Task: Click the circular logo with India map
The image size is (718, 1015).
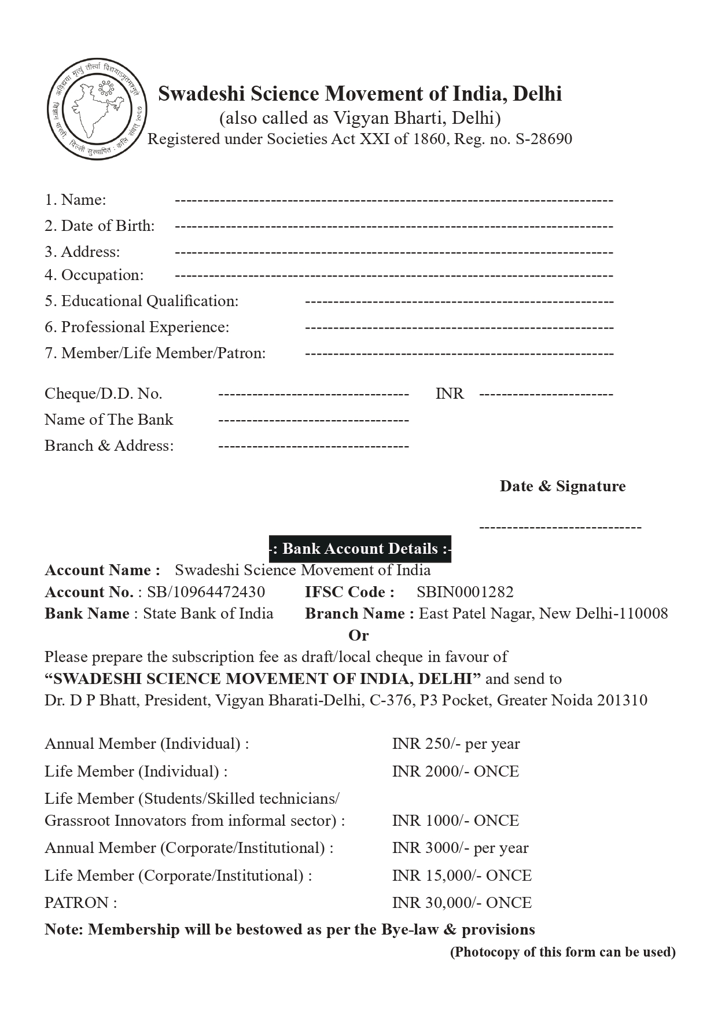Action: pyautogui.click(x=97, y=109)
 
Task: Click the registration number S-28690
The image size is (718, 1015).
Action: pyautogui.click(x=543, y=139)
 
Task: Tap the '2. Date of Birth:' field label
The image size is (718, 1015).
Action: pyautogui.click(x=100, y=226)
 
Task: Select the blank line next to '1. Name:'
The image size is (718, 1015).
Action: pyautogui.click(x=393, y=200)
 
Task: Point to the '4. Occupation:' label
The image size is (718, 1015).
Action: pyautogui.click(x=94, y=275)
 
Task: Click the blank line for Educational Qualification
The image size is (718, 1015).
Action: pyautogui.click(x=459, y=301)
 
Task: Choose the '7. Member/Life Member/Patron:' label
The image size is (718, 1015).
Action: pyautogui.click(x=155, y=353)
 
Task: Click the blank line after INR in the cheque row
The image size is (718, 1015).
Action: pyautogui.click(x=546, y=395)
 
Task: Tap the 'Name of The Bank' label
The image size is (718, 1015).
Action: pyautogui.click(x=109, y=420)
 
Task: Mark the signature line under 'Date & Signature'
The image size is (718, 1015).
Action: pyautogui.click(x=560, y=527)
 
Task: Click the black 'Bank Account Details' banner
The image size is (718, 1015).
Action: pyautogui.click(x=360, y=549)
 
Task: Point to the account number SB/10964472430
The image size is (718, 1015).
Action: pyautogui.click(x=206, y=592)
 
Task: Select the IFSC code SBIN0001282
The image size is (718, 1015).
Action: pyautogui.click(x=465, y=592)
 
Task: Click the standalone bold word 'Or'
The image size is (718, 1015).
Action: pyautogui.click(x=358, y=635)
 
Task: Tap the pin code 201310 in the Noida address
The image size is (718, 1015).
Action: pyautogui.click(x=622, y=700)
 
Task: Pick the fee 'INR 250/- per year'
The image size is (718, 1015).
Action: pyautogui.click(x=456, y=744)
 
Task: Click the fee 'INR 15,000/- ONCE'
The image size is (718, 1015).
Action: pyautogui.click(x=462, y=876)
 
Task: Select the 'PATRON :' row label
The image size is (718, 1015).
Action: pyautogui.click(x=81, y=903)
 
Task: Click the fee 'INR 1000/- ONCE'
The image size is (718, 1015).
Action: pyautogui.click(x=455, y=821)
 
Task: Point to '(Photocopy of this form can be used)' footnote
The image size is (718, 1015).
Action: pyautogui.click(x=562, y=952)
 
